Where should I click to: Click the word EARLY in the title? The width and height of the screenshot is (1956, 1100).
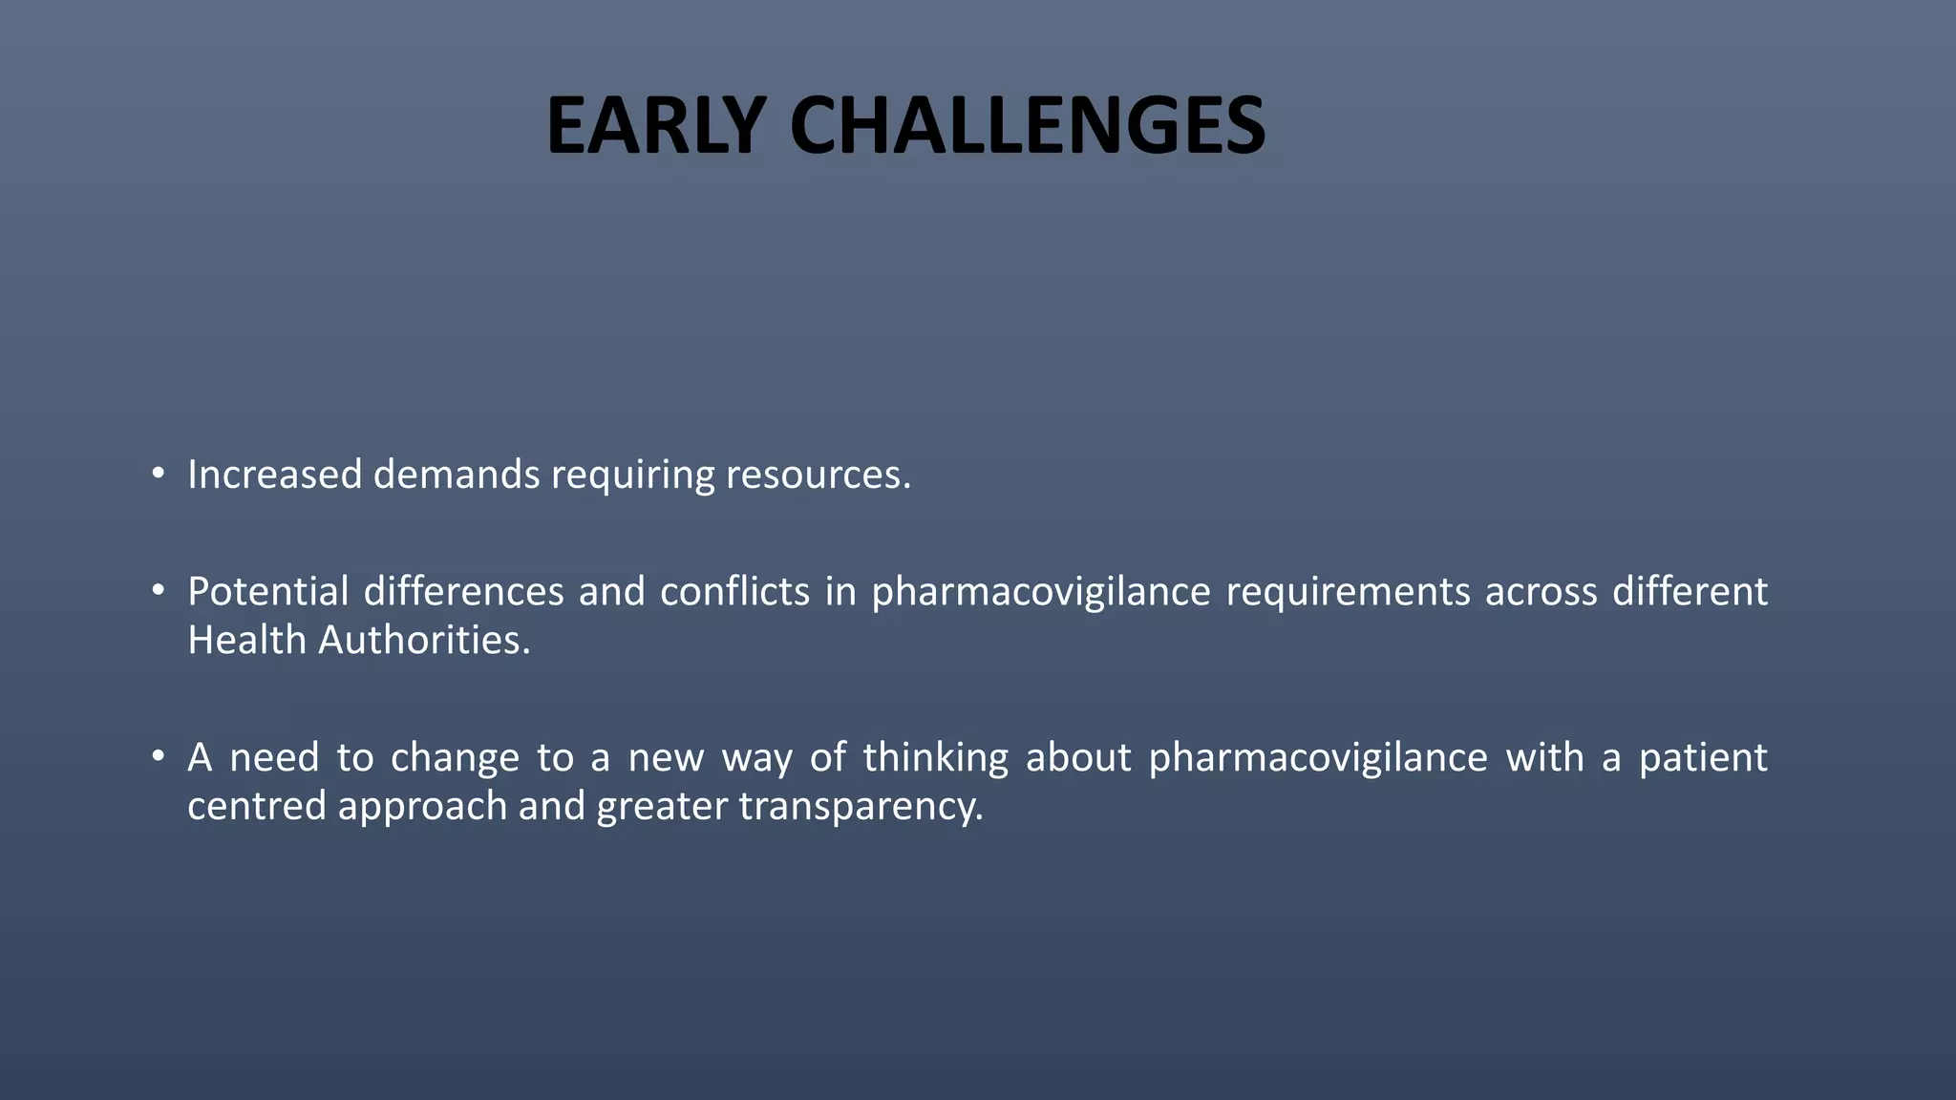(x=655, y=126)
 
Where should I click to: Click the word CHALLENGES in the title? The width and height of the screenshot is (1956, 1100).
(x=1027, y=126)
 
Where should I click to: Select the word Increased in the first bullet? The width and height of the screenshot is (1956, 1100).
(x=274, y=475)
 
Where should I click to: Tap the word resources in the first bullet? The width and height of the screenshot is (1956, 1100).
(x=818, y=475)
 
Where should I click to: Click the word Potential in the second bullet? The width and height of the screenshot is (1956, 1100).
(x=267, y=592)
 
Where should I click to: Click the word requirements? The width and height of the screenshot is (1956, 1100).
(x=1348, y=592)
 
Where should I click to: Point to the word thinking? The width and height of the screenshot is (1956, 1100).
(x=935, y=758)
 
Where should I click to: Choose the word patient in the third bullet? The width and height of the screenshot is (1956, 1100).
(x=1703, y=758)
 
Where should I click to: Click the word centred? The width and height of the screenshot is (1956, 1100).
(x=256, y=806)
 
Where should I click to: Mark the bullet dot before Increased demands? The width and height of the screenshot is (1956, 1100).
(x=159, y=473)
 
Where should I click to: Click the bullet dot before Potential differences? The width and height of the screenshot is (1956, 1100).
(x=159, y=590)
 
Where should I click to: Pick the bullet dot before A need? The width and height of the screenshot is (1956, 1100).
(x=159, y=756)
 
